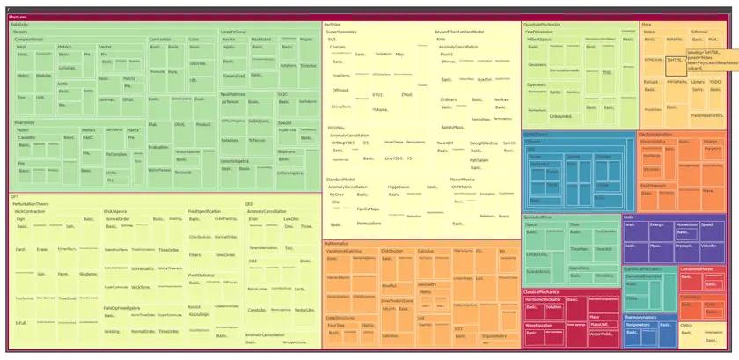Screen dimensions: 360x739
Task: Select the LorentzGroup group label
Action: point(232,32)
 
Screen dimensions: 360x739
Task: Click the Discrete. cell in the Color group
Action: point(198,63)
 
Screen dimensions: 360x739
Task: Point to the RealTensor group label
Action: point(24,122)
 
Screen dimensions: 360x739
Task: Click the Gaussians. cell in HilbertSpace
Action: point(537,64)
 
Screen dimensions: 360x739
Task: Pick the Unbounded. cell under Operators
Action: point(560,115)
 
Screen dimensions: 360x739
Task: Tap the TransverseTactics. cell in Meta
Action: point(706,115)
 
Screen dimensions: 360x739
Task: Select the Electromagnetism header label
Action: point(655,135)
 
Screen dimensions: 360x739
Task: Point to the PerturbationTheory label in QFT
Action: point(31,203)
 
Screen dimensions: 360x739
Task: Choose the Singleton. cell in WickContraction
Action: point(88,274)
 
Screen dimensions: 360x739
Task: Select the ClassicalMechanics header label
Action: point(543,291)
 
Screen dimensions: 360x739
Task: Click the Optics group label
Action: point(686,325)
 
